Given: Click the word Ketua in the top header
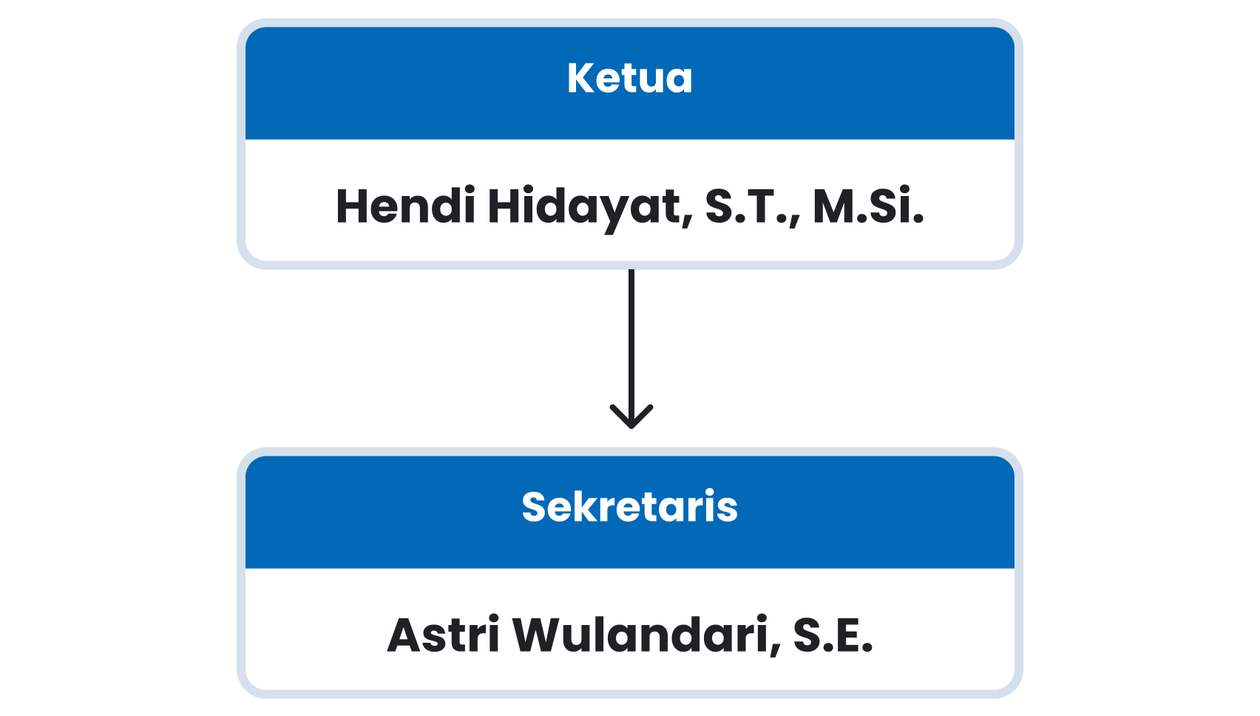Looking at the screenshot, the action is (629, 78).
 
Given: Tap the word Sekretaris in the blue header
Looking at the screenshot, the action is (629, 507).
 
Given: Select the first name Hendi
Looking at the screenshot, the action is (405, 206).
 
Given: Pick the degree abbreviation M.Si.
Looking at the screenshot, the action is (868, 206).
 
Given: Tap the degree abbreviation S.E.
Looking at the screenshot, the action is (833, 635).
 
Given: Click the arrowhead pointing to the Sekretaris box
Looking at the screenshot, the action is (631, 416).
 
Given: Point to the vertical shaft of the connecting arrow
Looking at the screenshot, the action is (631, 346).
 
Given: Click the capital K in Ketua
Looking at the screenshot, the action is (581, 78).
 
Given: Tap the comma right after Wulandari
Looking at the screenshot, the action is (775, 650).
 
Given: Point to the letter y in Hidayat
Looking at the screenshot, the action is (624, 214).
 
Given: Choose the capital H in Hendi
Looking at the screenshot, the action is (353, 206).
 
